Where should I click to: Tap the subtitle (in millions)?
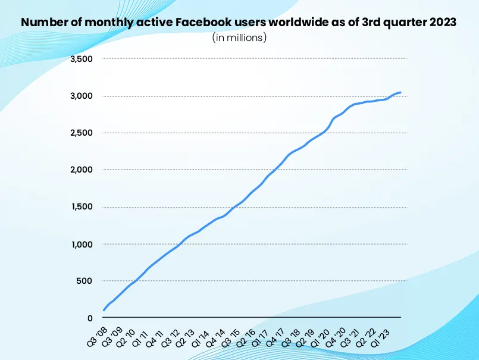pyautogui.click(x=239, y=37)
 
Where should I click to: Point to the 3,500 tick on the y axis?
pyautogui.click(x=82, y=59)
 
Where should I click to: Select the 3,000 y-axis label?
pyautogui.click(x=82, y=96)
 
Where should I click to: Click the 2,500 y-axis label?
pyautogui.click(x=82, y=133)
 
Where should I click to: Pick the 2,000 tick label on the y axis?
pyautogui.click(x=82, y=170)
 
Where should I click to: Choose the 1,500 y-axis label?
pyautogui.click(x=82, y=207)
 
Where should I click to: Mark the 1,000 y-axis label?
pyautogui.click(x=82, y=244)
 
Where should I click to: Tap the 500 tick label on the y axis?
pyautogui.click(x=85, y=281)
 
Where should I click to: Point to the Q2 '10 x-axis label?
pyautogui.click(x=126, y=336)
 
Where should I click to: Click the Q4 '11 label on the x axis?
pyautogui.click(x=156, y=336)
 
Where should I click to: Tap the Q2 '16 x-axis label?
pyautogui.click(x=246, y=336)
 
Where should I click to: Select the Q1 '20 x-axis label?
pyautogui.click(x=321, y=336)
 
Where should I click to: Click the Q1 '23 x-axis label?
pyautogui.click(x=381, y=336)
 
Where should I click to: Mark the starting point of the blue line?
pyautogui.click(x=104, y=310)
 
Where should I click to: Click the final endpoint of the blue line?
pyautogui.click(x=400, y=93)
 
